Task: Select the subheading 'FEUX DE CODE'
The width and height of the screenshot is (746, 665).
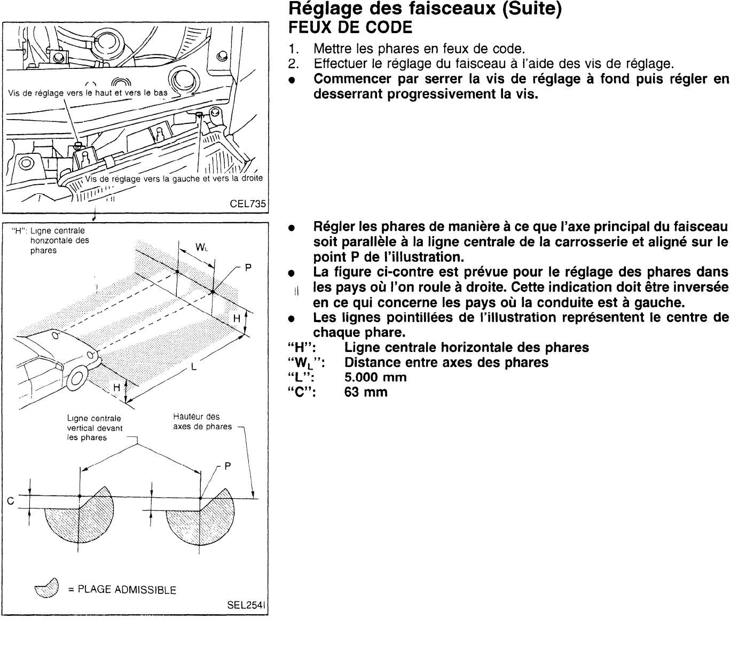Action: coord(350,27)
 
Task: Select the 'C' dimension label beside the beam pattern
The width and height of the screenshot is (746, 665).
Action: coord(10,501)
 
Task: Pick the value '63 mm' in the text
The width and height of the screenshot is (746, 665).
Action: coord(366,392)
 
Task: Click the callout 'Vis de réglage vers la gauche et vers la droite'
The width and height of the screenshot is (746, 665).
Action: coord(174,178)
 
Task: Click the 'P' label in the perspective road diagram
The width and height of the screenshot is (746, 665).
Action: coord(248,268)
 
